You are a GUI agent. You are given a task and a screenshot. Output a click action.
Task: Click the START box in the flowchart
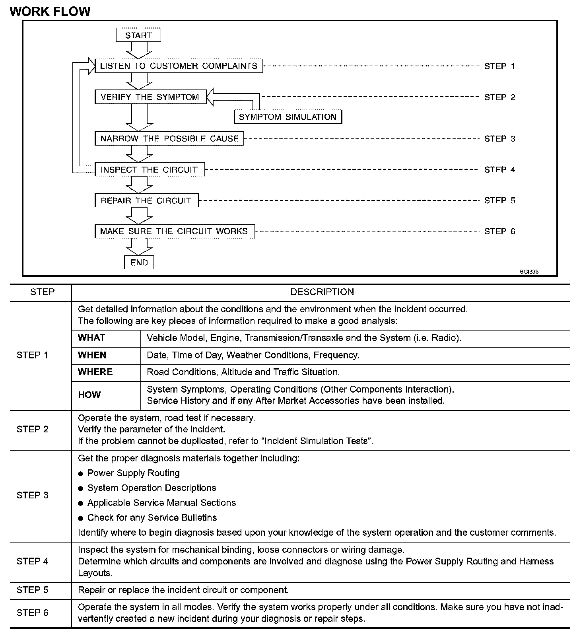[x=138, y=35]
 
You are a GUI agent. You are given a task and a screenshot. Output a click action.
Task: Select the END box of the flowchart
[x=139, y=263]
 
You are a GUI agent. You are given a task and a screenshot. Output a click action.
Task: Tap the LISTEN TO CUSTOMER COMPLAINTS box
[x=179, y=66]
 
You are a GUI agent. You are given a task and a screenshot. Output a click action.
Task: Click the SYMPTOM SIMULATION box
[x=288, y=117]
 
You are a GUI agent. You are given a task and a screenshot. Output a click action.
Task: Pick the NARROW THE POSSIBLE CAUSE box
[x=169, y=139]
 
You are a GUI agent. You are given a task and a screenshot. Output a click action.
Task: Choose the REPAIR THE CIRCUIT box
[x=146, y=200]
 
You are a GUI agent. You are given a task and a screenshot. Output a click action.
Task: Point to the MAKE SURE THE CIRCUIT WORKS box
[x=174, y=231]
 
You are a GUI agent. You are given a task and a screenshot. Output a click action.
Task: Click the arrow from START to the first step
[x=139, y=50]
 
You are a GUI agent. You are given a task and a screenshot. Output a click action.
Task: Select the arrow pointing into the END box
[x=139, y=246]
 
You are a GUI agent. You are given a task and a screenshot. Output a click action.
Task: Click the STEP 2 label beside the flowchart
[x=499, y=97]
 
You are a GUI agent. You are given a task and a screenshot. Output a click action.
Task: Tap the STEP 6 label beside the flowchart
[x=499, y=231]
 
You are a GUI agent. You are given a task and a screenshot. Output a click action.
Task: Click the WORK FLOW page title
[x=51, y=12]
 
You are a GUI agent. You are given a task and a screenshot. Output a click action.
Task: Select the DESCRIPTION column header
[x=322, y=292]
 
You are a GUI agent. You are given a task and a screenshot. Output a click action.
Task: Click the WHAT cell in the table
[x=91, y=338]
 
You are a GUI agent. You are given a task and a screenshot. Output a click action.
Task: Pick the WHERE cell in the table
[x=95, y=372]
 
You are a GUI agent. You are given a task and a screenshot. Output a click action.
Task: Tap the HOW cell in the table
[x=89, y=395]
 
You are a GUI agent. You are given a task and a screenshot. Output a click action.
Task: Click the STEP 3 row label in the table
[x=33, y=495]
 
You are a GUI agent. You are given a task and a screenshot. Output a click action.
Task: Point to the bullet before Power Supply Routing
[x=81, y=474]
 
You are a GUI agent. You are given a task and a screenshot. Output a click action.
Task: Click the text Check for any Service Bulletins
[x=152, y=517]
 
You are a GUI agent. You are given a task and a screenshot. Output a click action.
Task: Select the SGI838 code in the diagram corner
[x=529, y=272]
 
